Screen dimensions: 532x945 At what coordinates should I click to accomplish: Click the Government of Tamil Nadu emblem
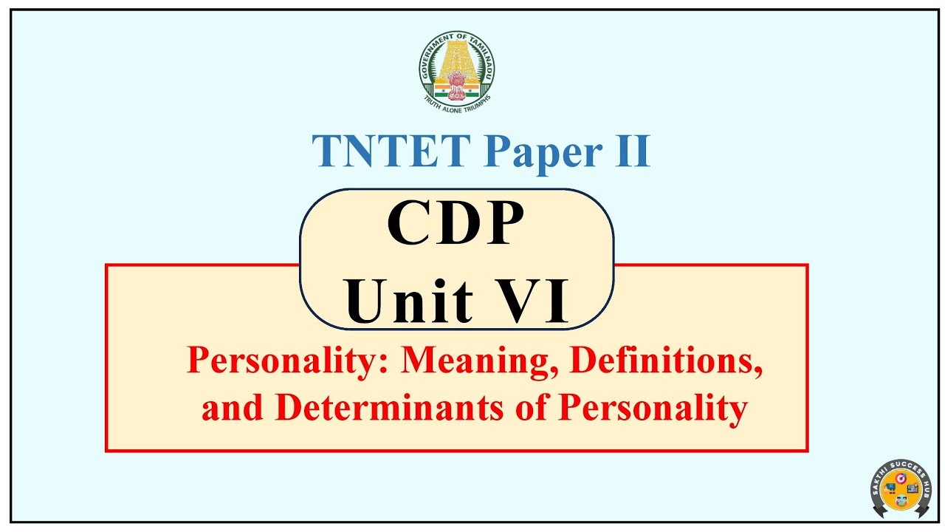[x=457, y=70]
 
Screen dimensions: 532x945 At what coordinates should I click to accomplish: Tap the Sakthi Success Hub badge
[x=900, y=489]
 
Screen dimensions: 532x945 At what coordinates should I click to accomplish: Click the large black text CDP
[x=456, y=224]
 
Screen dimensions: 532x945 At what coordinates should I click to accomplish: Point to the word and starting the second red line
[x=234, y=408]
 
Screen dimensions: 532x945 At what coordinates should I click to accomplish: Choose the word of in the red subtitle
[x=537, y=408]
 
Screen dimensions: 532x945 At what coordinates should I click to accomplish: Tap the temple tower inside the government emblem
[x=457, y=61]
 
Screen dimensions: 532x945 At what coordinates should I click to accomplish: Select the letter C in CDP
[x=408, y=225]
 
